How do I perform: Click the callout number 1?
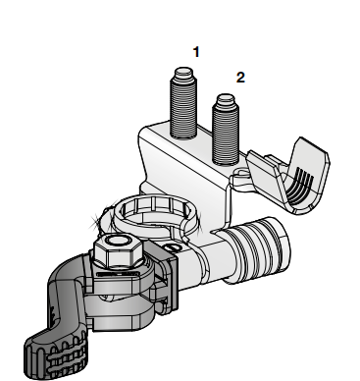(196, 52)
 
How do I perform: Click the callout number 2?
(240, 78)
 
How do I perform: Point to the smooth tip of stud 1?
(183, 73)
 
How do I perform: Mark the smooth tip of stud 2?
(227, 99)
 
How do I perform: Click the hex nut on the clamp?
(119, 252)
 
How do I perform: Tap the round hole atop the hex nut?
(118, 242)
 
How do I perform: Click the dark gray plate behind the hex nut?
(170, 277)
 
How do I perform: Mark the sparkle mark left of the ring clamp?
(95, 220)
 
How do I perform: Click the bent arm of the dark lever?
(67, 288)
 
